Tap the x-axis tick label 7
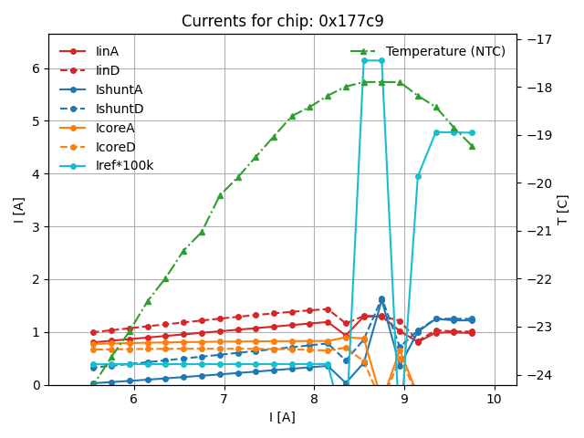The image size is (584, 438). coord(224,400)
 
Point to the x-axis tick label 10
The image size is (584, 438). coord(494,400)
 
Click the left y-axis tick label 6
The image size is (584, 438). coord(36,68)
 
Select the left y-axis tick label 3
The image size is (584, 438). coord(36,226)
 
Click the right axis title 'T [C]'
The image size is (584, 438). coord(562,209)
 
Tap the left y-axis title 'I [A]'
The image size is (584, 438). coord(18,209)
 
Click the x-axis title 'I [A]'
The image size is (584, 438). coord(282,417)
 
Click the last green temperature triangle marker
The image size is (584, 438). coord(472,146)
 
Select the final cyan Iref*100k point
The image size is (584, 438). coord(472,132)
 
